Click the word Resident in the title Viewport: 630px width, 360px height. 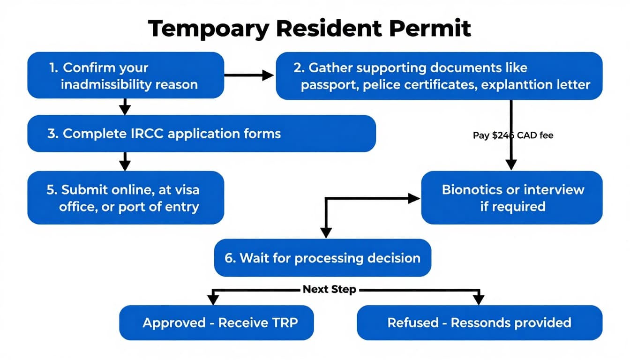point(330,29)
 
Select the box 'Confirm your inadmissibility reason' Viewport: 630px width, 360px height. point(126,75)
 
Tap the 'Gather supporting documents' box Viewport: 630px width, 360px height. point(439,76)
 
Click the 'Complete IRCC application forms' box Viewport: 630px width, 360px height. point(202,134)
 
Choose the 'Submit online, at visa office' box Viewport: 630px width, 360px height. point(126,197)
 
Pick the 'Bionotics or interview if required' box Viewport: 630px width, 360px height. point(512,197)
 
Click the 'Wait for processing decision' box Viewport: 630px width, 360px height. point(322,258)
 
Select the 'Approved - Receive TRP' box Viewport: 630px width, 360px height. point(217,322)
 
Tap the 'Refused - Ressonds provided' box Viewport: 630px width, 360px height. point(479,322)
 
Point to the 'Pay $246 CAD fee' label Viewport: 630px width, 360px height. point(513,135)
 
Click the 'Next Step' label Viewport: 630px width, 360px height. point(329,289)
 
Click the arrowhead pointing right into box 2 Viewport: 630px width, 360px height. point(268,75)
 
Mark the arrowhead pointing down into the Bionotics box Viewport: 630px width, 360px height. point(511,164)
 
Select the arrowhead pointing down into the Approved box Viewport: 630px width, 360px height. point(213,300)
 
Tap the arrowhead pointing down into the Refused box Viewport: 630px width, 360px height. point(479,300)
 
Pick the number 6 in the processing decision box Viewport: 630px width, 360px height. point(229,258)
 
